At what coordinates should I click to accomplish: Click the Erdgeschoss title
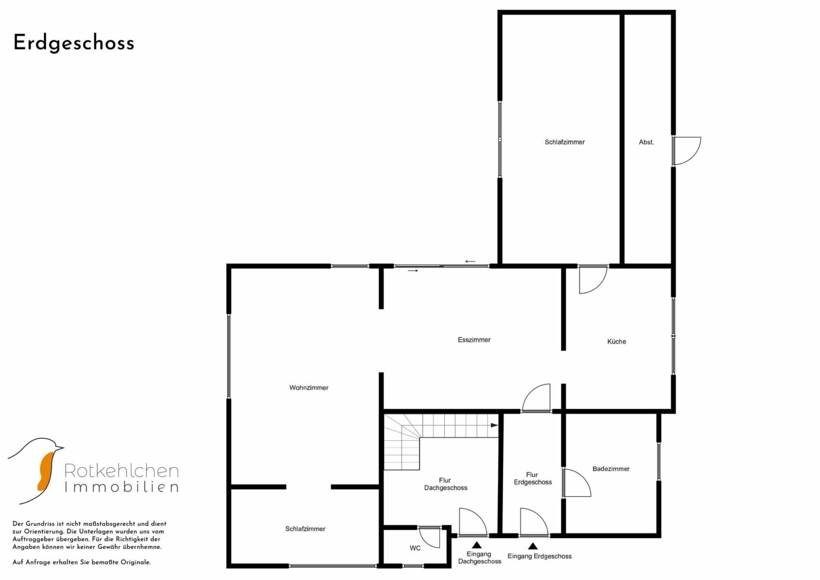pyautogui.click(x=74, y=43)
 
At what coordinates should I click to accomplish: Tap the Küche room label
pyautogui.click(x=616, y=341)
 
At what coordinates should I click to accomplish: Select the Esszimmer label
pyautogui.click(x=474, y=339)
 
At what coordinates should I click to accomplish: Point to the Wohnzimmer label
pyautogui.click(x=309, y=387)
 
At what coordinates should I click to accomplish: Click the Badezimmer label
pyautogui.click(x=611, y=468)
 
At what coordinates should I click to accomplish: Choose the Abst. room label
pyautogui.click(x=646, y=142)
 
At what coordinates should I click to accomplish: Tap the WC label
pyautogui.click(x=415, y=548)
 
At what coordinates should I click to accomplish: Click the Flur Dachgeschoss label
pyautogui.click(x=446, y=484)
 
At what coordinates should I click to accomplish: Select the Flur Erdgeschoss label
pyautogui.click(x=533, y=478)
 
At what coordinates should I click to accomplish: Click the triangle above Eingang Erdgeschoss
pyautogui.click(x=533, y=546)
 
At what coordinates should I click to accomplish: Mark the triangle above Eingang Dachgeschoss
pyautogui.click(x=476, y=545)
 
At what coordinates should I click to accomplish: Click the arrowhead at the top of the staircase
pyautogui.click(x=494, y=425)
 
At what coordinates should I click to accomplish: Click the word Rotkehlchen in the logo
pyautogui.click(x=121, y=471)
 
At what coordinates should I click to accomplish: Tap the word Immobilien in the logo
pyautogui.click(x=121, y=487)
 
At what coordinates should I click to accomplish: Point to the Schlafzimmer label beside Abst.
pyautogui.click(x=564, y=142)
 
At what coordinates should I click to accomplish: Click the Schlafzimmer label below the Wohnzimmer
pyautogui.click(x=306, y=529)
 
